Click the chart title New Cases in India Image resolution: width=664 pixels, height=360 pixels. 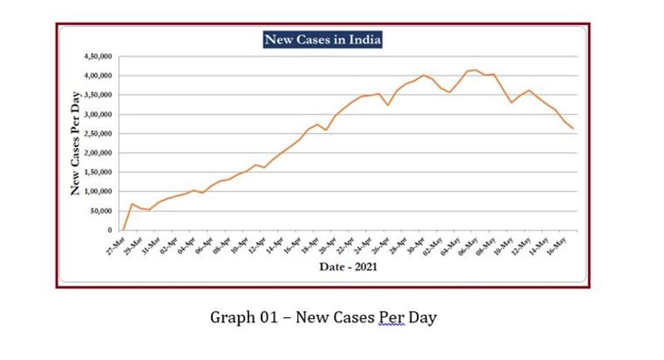point(323,39)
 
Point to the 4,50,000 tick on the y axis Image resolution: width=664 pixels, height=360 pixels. point(97,57)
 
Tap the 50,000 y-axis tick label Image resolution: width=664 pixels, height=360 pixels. point(100,211)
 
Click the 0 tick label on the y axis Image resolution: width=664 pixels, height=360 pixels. point(109,230)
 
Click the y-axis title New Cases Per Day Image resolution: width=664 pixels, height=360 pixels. point(76,143)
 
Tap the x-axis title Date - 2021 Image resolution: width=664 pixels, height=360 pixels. point(348,267)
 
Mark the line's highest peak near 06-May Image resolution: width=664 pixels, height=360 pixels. point(476,70)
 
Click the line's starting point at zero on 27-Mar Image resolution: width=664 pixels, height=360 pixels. point(123,230)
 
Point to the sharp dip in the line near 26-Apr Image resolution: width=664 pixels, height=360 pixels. point(387,105)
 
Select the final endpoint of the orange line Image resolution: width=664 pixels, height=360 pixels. point(573,129)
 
